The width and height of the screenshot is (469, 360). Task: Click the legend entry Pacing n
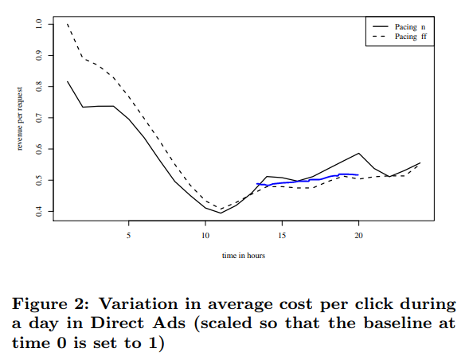[x=410, y=27]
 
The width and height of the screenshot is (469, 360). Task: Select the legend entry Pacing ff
[x=410, y=37]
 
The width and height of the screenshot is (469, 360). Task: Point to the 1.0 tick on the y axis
[x=40, y=24]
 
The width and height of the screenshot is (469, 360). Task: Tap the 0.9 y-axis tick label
[x=40, y=55]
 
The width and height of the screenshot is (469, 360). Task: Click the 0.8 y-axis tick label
[x=40, y=86]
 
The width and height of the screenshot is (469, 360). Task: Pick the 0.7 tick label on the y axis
[x=40, y=117]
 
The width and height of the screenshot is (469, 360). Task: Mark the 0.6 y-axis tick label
[x=40, y=148]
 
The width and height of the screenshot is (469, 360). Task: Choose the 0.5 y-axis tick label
[x=40, y=180]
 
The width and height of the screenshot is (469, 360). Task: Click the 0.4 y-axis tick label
[x=40, y=211]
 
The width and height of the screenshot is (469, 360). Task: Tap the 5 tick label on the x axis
[x=128, y=236]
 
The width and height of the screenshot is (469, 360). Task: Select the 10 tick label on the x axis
[x=205, y=236]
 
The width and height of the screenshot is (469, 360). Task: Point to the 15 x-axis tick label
[x=282, y=236]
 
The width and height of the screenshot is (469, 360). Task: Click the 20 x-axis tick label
[x=358, y=236]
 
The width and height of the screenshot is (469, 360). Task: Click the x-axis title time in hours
[x=244, y=256]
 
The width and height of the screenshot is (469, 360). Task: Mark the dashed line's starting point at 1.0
[x=67, y=24]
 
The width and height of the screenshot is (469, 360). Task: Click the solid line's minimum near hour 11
[x=221, y=213]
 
